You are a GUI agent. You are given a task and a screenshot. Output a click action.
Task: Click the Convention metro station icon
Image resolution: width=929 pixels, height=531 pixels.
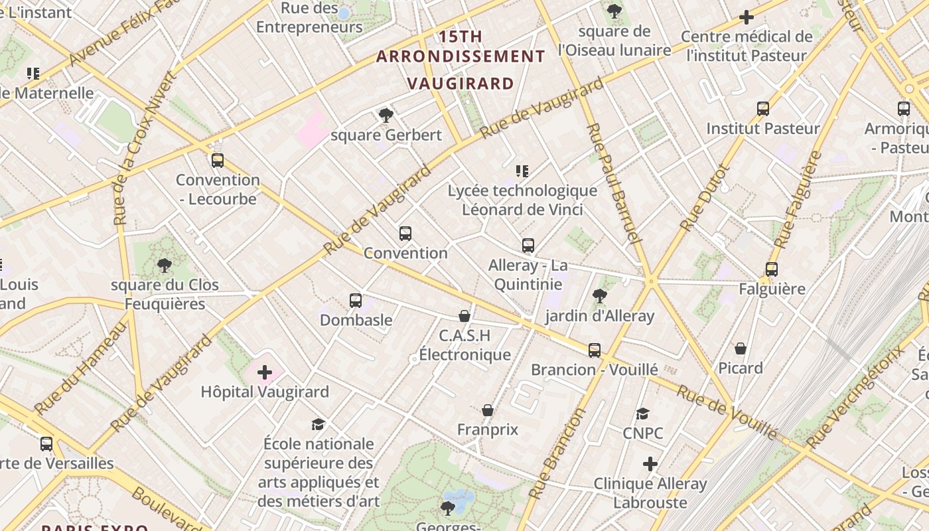pos(405,234)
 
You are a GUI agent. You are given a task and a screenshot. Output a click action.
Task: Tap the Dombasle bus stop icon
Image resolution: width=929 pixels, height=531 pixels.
pos(356,301)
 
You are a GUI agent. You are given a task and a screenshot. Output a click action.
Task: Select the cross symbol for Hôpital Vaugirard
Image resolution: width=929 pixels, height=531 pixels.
pos(265,372)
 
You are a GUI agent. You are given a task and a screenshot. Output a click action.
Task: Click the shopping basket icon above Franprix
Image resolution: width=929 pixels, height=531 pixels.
pos(488,410)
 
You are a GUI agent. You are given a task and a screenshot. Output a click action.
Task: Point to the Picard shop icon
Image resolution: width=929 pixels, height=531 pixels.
pos(741,348)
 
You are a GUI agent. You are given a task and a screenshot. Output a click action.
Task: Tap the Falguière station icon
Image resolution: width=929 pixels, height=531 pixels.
pos(771,269)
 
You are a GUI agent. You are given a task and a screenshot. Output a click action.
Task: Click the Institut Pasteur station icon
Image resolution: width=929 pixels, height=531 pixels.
pos(763,109)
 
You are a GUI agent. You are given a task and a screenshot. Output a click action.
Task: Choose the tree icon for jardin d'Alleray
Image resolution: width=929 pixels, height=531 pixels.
pos(599,296)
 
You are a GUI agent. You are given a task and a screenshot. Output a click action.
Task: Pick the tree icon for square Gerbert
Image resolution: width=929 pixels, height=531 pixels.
pos(386,115)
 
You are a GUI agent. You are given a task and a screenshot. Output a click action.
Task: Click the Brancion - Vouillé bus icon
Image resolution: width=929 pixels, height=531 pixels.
pos(595,350)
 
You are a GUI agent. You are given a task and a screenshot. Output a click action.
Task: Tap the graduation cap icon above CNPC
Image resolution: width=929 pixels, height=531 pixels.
pos(642,414)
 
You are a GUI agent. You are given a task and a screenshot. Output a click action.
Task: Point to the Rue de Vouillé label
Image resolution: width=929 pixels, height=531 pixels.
pos(727,412)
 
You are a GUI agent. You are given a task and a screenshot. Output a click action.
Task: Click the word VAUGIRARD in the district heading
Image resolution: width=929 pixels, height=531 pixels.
pos(461,84)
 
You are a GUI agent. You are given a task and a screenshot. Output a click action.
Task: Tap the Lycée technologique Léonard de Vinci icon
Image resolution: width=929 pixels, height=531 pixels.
pos(522,171)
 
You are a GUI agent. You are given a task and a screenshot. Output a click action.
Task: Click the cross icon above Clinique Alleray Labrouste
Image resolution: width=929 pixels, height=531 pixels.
pos(650,464)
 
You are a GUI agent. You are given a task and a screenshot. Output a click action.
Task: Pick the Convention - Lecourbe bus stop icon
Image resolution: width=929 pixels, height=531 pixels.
pos(218,161)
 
